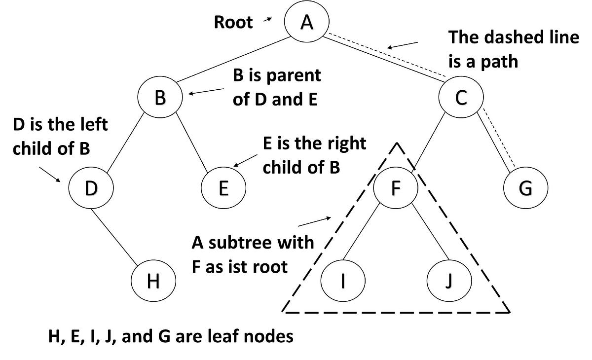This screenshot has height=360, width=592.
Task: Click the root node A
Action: click(x=307, y=23)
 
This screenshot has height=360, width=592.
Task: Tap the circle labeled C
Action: click(x=461, y=98)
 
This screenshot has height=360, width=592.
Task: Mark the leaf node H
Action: click(x=153, y=282)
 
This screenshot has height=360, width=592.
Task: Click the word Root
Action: click(x=233, y=23)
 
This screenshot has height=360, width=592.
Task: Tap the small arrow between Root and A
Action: click(x=268, y=20)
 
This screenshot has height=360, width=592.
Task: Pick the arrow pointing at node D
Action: click(x=50, y=174)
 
